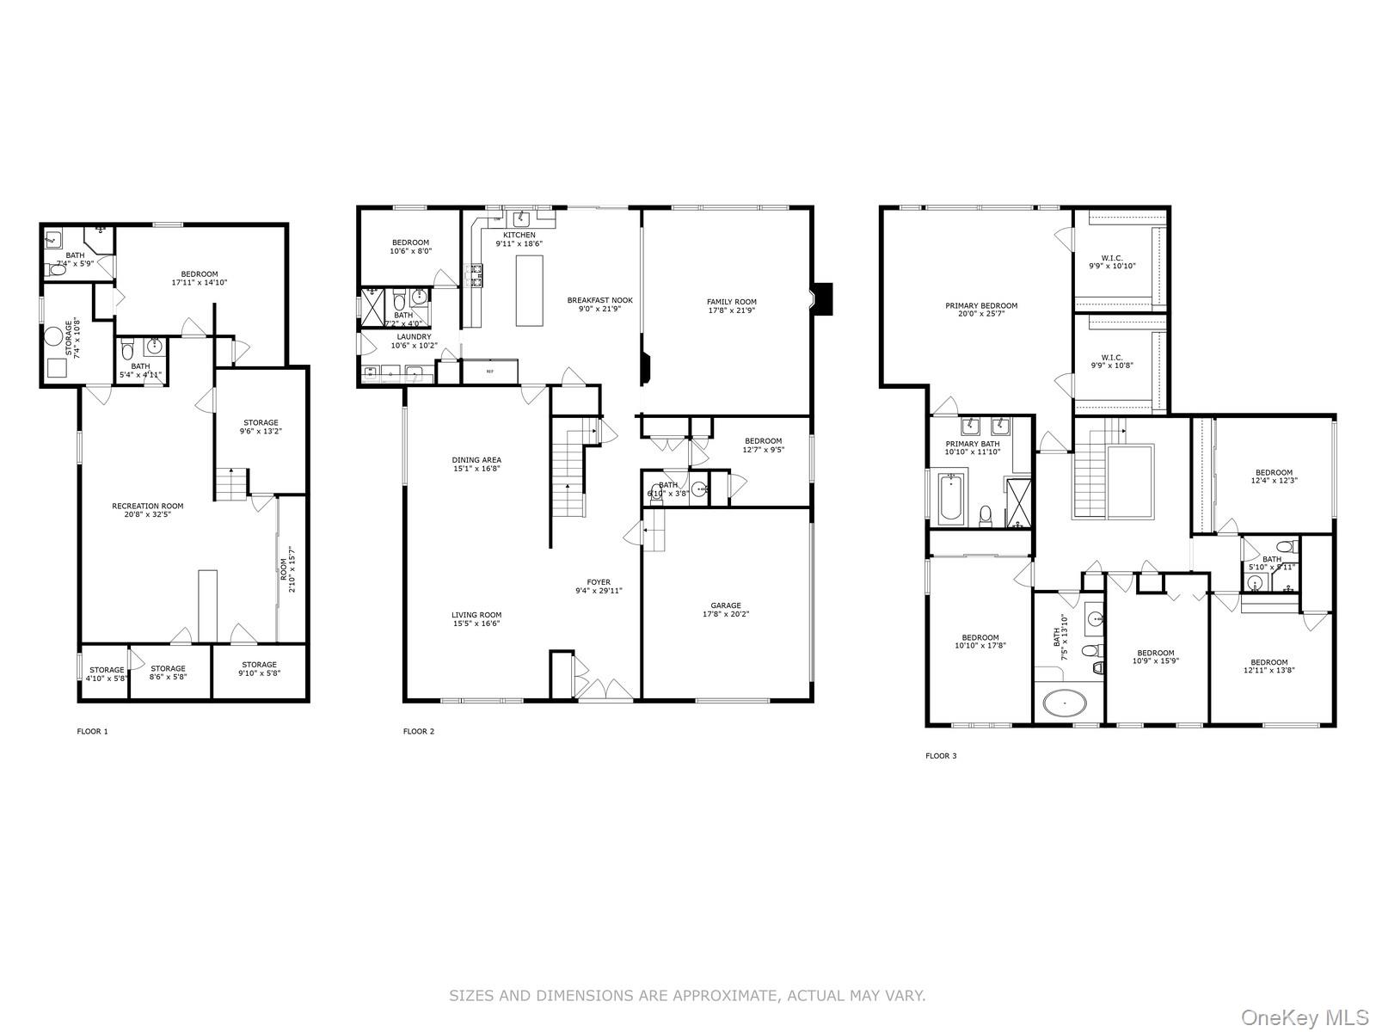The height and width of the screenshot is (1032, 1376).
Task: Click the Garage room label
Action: [725, 605]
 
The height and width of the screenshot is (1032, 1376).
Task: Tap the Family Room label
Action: [731, 302]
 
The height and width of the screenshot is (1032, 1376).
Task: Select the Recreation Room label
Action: [147, 506]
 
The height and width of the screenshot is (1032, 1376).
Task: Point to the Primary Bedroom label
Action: [980, 305]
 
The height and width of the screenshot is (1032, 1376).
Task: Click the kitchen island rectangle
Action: [530, 290]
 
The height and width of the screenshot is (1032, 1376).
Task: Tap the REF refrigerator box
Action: [490, 372]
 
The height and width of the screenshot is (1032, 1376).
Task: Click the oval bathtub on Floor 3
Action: [1065, 703]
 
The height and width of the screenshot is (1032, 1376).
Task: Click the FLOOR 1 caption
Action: [93, 732]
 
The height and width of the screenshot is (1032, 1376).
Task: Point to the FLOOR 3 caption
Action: [940, 756]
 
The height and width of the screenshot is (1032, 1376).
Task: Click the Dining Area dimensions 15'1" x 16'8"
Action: [476, 470]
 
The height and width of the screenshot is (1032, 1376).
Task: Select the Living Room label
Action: [476, 615]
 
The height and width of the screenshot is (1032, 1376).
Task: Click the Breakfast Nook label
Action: [599, 300]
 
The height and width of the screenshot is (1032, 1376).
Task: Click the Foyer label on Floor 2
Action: [599, 582]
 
